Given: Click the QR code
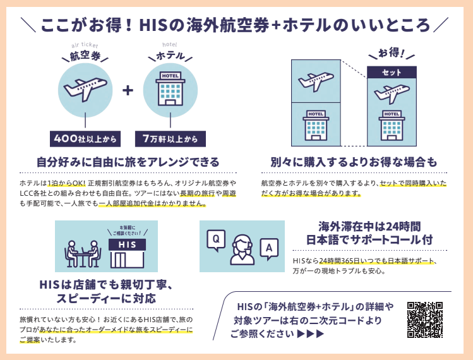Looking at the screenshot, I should pyautogui.click(x=425, y=320).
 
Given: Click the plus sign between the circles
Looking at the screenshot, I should pyautogui.click(x=128, y=90).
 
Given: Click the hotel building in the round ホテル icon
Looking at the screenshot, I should pyautogui.click(x=170, y=90).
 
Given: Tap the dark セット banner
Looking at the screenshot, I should pyautogui.click(x=392, y=73).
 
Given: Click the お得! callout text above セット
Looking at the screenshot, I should pyautogui.click(x=392, y=53).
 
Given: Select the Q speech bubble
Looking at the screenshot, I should pyautogui.click(x=215, y=239).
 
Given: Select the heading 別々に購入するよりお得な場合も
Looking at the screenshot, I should pyautogui.click(x=354, y=161).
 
